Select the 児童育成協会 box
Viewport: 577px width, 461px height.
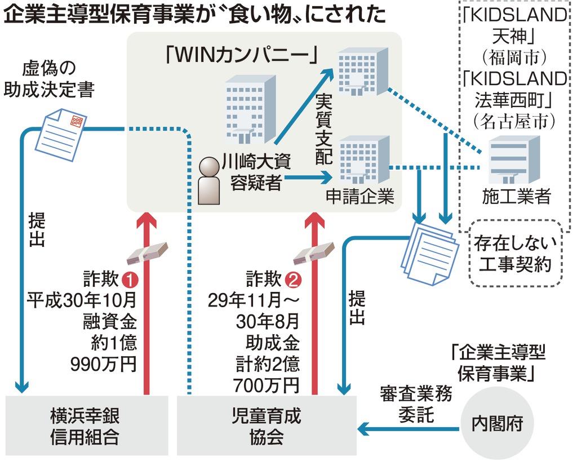click(267, 426)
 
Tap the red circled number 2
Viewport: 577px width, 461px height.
click(292, 279)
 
